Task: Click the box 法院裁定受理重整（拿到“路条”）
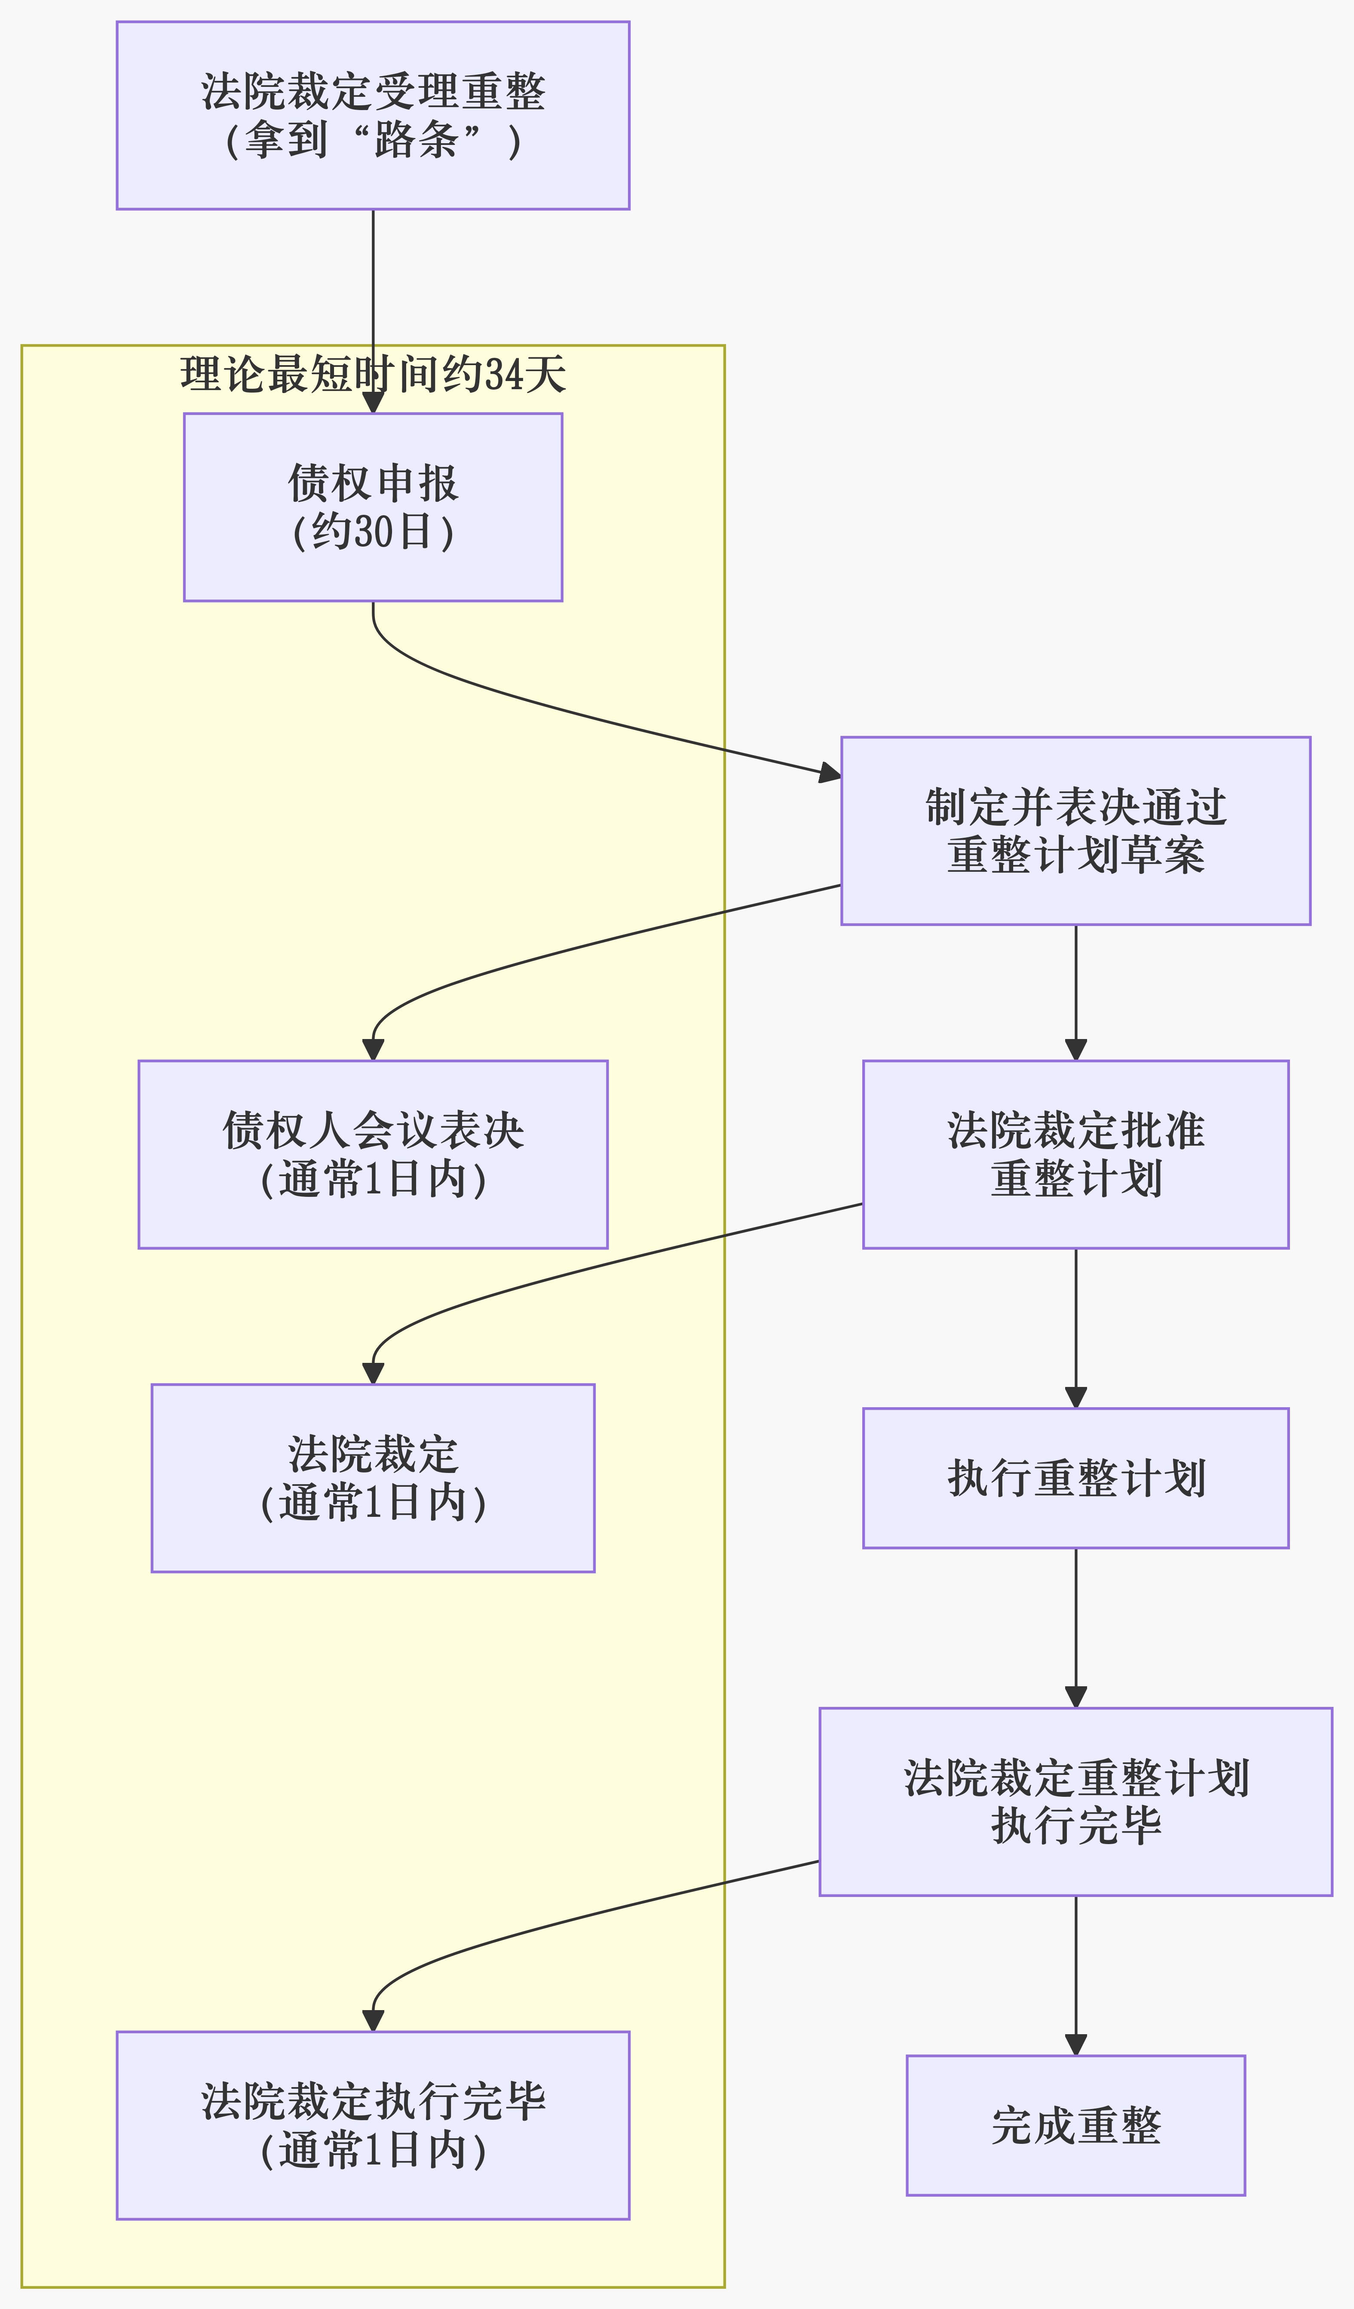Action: (x=373, y=115)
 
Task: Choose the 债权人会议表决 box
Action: (x=373, y=1154)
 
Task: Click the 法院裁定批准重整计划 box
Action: (x=1075, y=1154)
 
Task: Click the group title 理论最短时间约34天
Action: (x=373, y=375)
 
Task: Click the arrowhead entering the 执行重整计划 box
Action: (x=1075, y=1397)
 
